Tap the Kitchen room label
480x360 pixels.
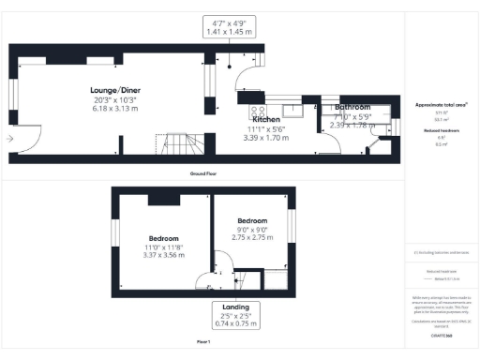coord(265,120)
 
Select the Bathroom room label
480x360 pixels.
coord(353,108)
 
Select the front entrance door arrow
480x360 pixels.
coord(10,139)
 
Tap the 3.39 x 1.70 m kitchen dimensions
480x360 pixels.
coord(265,138)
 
